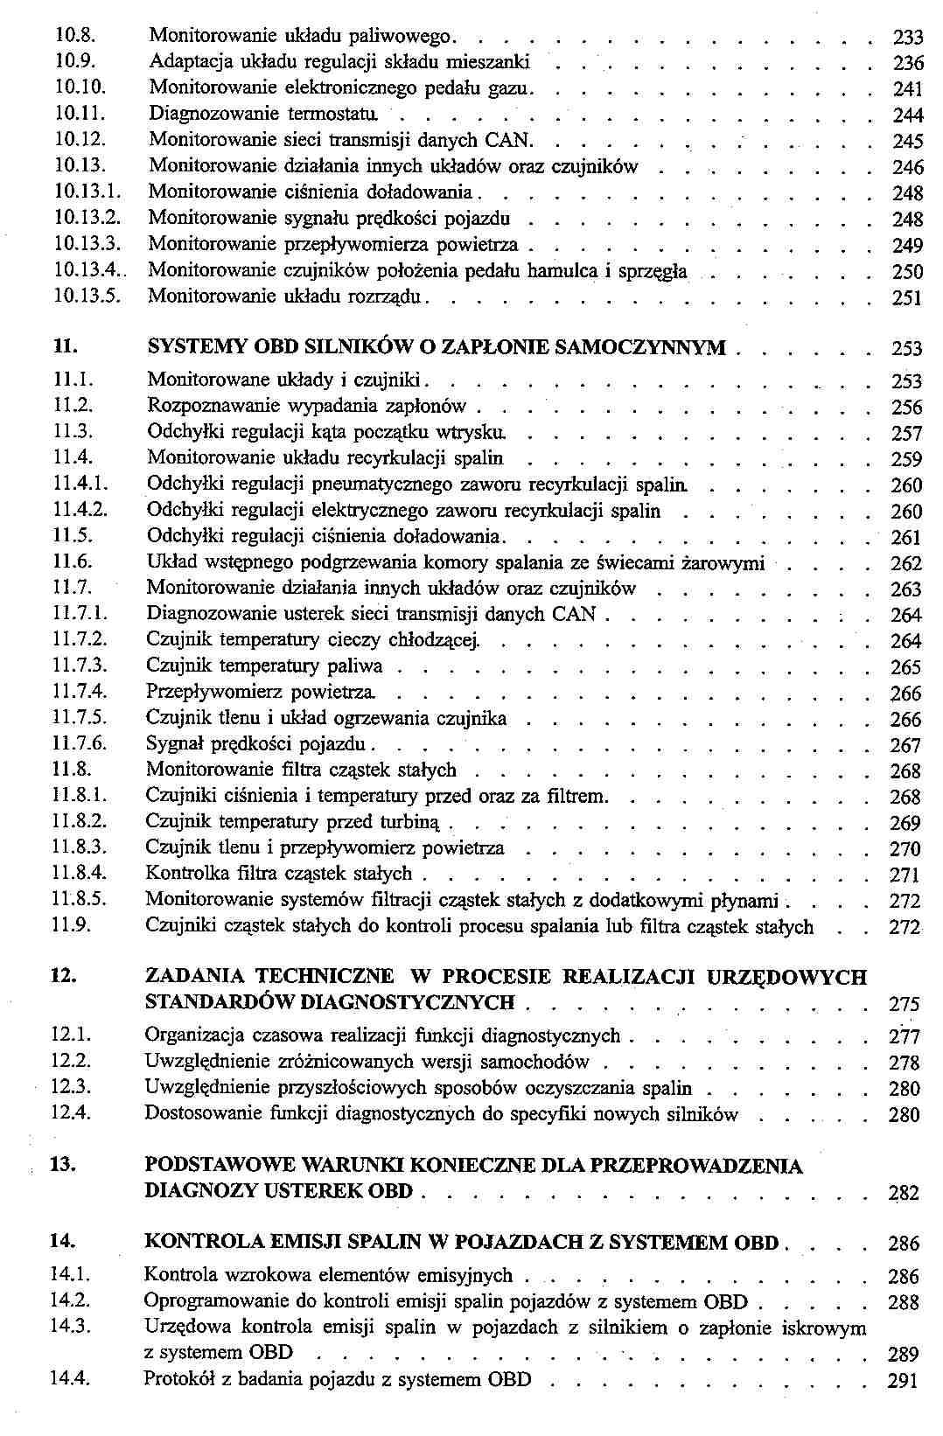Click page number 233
pyautogui.click(x=907, y=37)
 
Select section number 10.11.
pyautogui.click(x=80, y=113)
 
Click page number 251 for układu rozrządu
pyautogui.click(x=907, y=298)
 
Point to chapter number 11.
pyautogui.click(x=64, y=347)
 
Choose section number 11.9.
pyautogui.click(x=72, y=925)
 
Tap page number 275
pyautogui.click(x=905, y=1004)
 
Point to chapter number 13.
pyautogui.click(x=63, y=1165)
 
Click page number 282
pyautogui.click(x=905, y=1193)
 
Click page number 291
pyautogui.click(x=904, y=1382)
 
